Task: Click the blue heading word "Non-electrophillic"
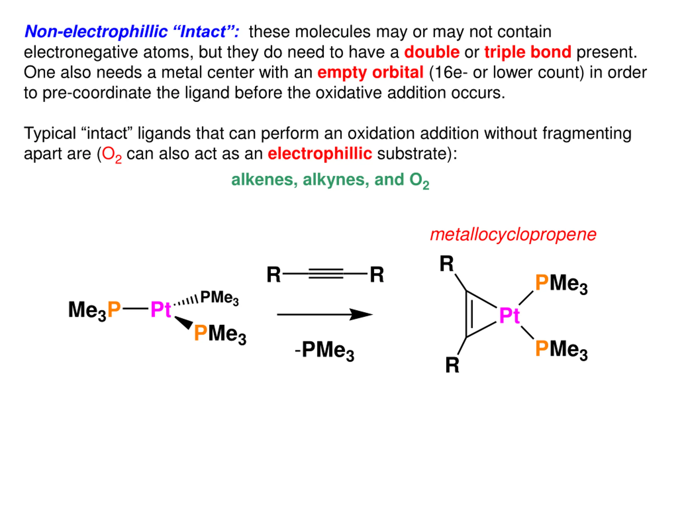coord(96,31)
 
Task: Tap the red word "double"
coord(432,52)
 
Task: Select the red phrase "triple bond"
coord(528,52)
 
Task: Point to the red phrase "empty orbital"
coord(370,72)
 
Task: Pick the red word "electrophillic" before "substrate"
coord(320,154)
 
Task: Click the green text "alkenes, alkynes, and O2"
coord(330,180)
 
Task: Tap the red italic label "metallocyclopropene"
coord(513,235)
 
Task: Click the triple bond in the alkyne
coord(325,273)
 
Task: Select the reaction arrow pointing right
coord(325,315)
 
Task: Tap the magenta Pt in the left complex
coord(160,310)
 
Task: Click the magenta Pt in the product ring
coord(509,315)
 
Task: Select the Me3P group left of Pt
coord(94,310)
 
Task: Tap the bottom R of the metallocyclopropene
coord(452,365)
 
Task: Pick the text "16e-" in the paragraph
coord(450,72)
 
